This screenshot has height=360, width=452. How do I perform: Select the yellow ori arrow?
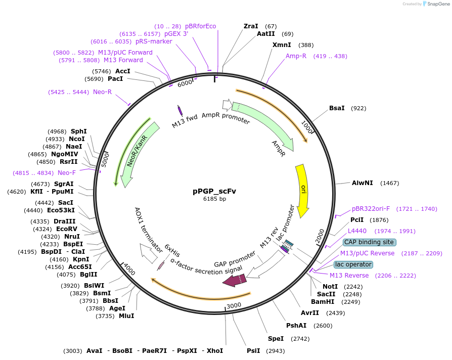(x=302, y=190)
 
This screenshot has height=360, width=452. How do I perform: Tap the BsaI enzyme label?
(x=337, y=108)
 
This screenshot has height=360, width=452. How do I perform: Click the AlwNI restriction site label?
(x=363, y=183)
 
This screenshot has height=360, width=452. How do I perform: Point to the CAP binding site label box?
(x=369, y=242)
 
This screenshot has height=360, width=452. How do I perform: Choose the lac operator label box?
(x=353, y=264)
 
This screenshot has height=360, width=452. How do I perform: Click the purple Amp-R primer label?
(x=296, y=56)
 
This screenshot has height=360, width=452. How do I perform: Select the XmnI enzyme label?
(x=281, y=45)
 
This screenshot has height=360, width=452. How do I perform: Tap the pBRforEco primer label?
(x=201, y=26)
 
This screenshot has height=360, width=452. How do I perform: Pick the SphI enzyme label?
(x=79, y=131)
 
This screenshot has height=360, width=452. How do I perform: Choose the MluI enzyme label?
(x=126, y=316)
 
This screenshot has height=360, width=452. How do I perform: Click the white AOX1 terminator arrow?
(x=149, y=253)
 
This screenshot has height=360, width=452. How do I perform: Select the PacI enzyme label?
(x=115, y=79)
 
